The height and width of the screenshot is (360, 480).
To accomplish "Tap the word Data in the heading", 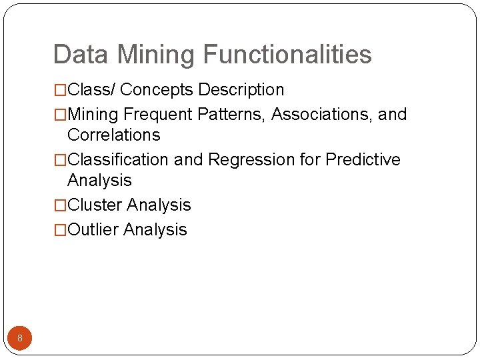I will (77, 55).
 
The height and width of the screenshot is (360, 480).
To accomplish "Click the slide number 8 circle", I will (20, 338).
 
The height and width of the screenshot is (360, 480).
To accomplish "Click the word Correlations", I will (114, 135).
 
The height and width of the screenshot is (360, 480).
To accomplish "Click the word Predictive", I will (363, 160).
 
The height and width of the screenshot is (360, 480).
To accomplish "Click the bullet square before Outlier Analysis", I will (61, 231).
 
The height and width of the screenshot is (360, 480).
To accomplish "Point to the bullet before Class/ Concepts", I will (61, 91).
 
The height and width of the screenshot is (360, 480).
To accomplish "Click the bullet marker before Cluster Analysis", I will (61, 206).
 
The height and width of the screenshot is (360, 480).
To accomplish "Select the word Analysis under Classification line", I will (99, 181).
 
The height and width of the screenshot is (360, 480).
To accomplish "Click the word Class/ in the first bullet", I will (91, 90).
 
